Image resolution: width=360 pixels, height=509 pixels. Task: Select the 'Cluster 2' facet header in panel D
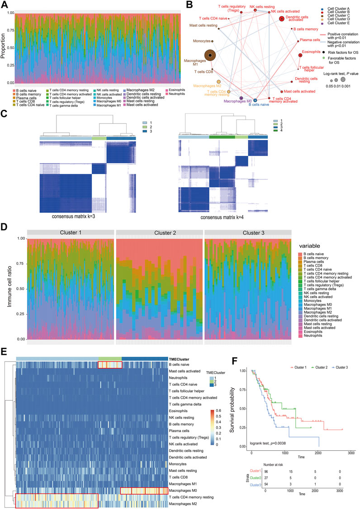[158, 232]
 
